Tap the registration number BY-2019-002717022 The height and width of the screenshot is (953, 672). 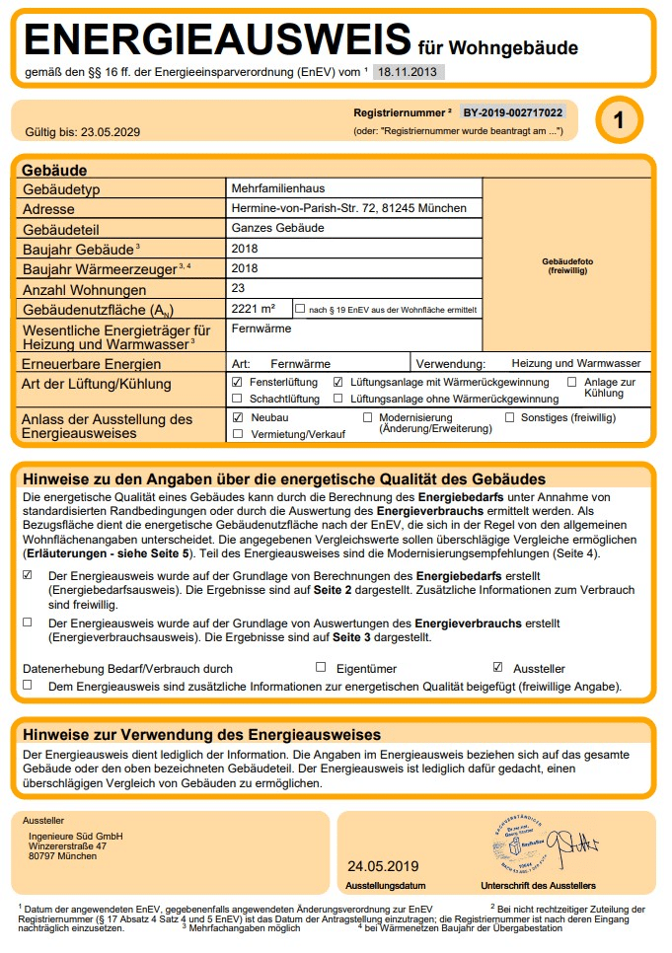[513, 112]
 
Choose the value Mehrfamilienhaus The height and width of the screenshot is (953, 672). [277, 188]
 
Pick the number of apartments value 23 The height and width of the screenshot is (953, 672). [238, 289]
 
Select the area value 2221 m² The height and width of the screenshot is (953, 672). [253, 310]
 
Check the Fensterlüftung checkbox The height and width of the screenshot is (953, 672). [237, 382]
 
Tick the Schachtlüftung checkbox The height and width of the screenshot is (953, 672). [237, 399]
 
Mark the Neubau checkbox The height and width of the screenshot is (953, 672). [237, 417]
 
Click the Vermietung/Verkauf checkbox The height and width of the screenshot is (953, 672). [237, 434]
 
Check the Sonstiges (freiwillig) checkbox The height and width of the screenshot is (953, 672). [510, 417]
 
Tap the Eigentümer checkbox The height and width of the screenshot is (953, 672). [321, 667]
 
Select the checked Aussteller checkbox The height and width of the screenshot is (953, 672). [497, 667]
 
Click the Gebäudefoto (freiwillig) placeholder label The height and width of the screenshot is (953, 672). [567, 265]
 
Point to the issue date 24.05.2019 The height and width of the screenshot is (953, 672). [376, 866]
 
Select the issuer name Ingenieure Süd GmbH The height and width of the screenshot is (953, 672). [76, 837]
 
